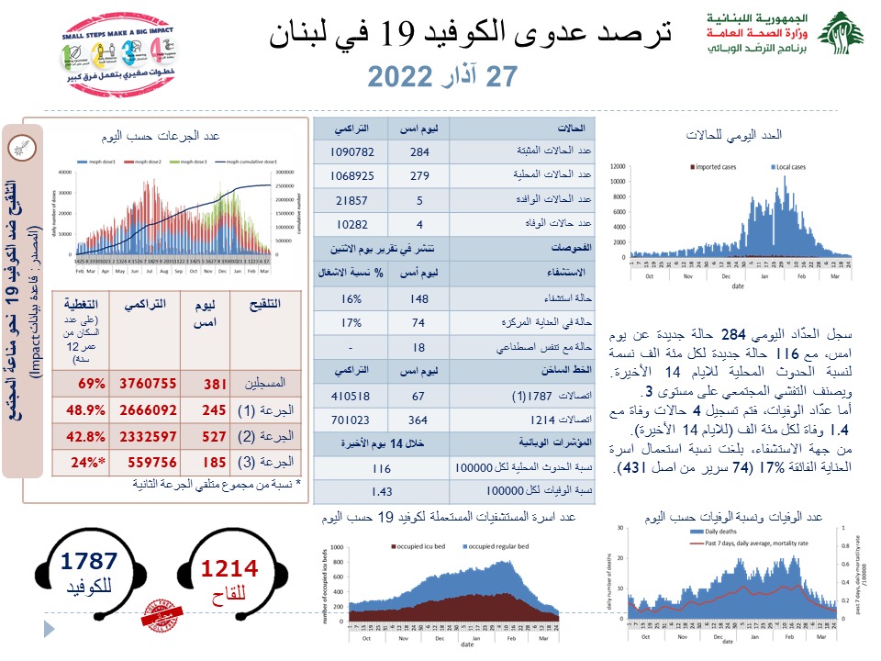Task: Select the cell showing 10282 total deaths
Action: (x=351, y=224)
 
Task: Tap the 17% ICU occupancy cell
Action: (x=351, y=323)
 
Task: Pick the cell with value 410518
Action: (x=351, y=396)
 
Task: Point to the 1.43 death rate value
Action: (x=351, y=491)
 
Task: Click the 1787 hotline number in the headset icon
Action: (x=89, y=563)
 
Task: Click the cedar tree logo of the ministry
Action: (x=841, y=34)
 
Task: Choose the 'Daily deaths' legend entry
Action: (x=720, y=532)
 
